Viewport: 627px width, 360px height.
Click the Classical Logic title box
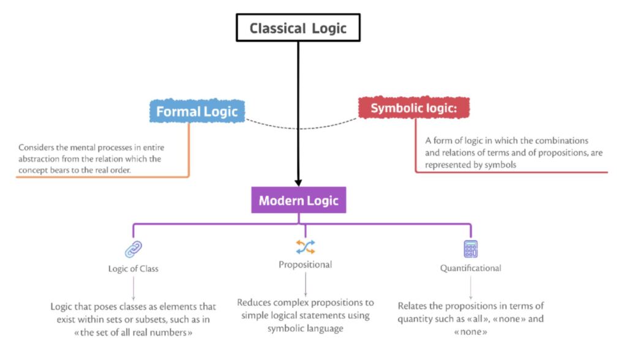coord(298,28)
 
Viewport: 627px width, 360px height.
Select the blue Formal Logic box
coord(197,111)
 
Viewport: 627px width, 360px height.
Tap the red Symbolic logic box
coord(415,108)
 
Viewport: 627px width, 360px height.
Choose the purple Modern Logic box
coord(298,200)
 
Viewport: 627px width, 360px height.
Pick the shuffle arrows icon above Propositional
coord(305,247)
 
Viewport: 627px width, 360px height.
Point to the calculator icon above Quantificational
coord(470,249)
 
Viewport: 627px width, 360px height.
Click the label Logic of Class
coord(133,268)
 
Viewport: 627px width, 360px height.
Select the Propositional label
coord(305,264)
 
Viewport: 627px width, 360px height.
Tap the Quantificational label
coord(470,268)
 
